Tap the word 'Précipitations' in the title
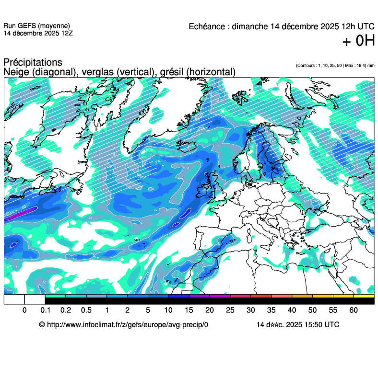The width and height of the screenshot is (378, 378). click(x=33, y=63)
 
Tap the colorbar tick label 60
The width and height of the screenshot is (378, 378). click(x=354, y=310)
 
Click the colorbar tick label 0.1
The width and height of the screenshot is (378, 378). click(x=45, y=310)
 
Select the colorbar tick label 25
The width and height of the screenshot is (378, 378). click(x=230, y=310)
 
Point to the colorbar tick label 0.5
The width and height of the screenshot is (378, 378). click(x=86, y=310)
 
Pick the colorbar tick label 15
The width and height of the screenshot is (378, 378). click(x=189, y=310)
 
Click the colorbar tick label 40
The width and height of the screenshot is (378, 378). click(x=292, y=310)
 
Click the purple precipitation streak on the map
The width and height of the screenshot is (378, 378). click(x=20, y=214)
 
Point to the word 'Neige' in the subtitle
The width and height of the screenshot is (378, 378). click(x=15, y=72)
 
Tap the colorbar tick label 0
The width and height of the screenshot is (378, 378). click(x=24, y=310)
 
